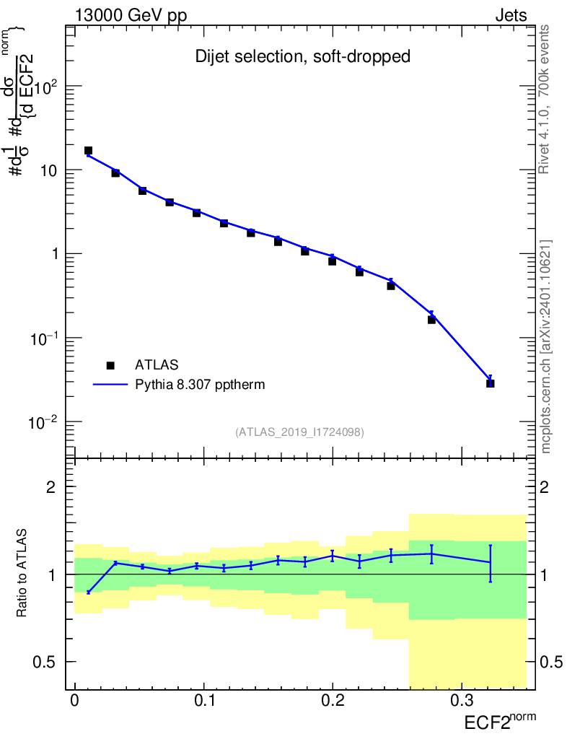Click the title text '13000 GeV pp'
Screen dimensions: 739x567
131,16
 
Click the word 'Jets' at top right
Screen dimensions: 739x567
510,16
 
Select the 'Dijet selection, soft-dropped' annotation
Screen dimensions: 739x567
303,57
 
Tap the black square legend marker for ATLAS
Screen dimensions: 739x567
110,365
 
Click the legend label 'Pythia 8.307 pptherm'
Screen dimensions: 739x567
201,385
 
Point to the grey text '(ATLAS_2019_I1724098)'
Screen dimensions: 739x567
299,432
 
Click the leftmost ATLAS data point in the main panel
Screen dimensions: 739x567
88,151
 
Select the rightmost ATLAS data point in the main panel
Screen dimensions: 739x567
490,383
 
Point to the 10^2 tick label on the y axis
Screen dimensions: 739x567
45,87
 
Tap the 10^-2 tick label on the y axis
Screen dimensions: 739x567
43,421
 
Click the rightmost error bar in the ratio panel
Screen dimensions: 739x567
490,563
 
